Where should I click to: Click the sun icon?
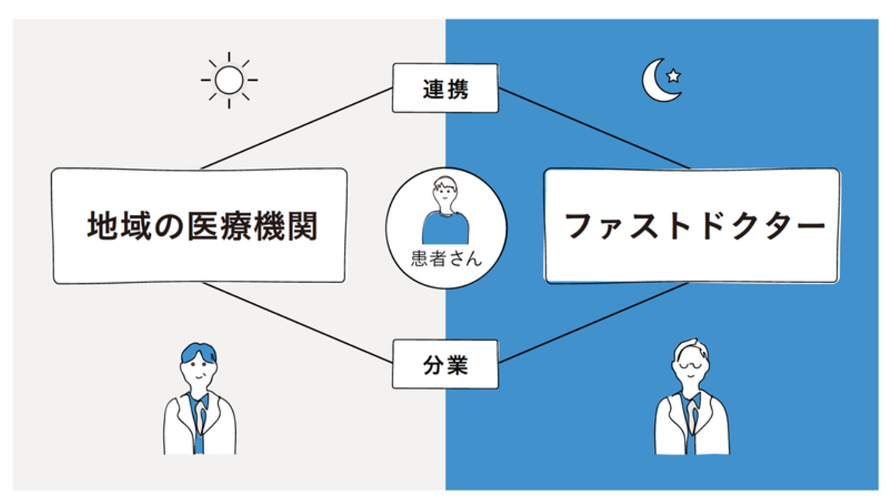pos(229,80)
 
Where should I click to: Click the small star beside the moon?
pos(674,76)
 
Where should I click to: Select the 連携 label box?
pos(445,88)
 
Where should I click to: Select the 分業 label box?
pos(445,364)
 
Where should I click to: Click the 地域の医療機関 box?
pos(199,226)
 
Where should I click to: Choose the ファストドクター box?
pos(691,226)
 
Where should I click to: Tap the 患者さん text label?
pos(446,259)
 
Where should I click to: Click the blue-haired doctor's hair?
pos(198,353)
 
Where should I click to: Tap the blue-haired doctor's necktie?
pos(198,426)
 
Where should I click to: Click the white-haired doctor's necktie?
pos(691,426)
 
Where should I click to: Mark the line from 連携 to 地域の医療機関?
pos(296,128)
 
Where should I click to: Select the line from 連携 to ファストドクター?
pos(594,128)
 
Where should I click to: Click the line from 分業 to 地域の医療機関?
pos(296,322)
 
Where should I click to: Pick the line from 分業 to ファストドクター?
pos(594,322)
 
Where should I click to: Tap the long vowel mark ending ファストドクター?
pos(807,227)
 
